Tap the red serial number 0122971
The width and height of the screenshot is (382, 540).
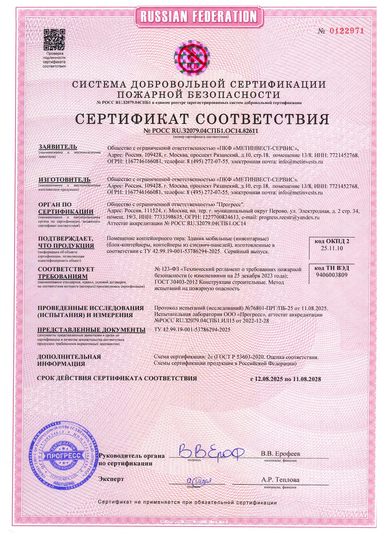click(347, 31)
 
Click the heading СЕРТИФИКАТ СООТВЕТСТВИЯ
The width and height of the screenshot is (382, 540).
click(202, 119)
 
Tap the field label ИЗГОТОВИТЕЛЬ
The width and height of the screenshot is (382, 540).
click(64, 179)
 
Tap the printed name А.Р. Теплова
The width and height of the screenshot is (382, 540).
click(280, 480)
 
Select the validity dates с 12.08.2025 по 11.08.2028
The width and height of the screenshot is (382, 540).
click(286, 379)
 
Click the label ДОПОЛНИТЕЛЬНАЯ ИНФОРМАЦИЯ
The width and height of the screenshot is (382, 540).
click(69, 360)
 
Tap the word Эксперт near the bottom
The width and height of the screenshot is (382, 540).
click(111, 479)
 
